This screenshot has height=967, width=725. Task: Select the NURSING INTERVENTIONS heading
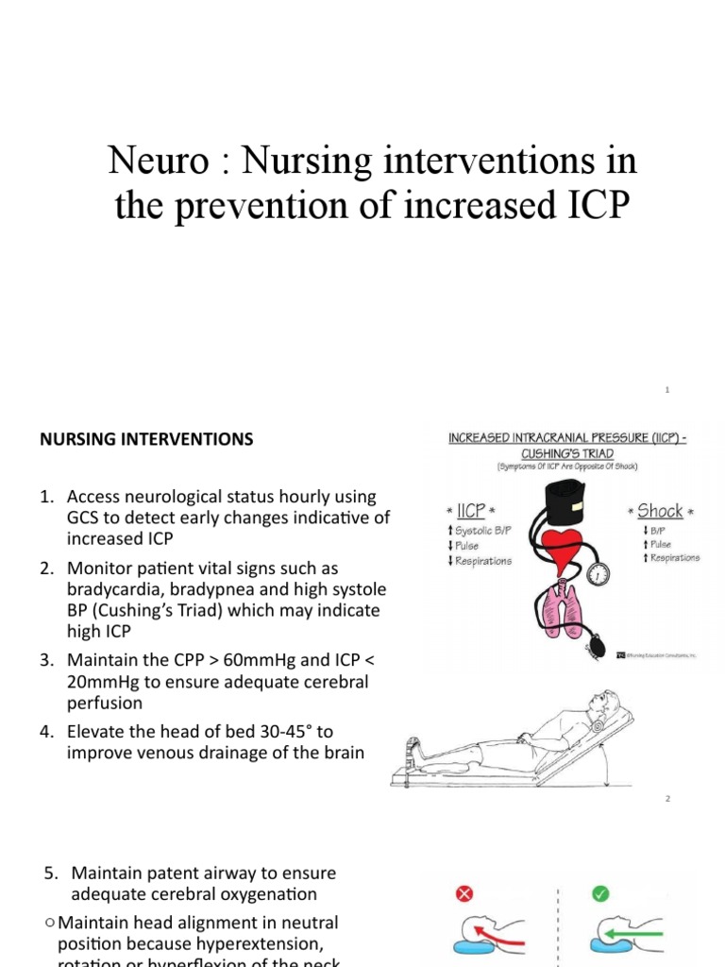145,439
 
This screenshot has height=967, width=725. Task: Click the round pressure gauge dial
599,573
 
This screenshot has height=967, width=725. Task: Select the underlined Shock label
660,511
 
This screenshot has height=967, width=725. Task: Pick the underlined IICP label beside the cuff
470,511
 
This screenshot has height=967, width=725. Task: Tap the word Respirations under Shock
673,558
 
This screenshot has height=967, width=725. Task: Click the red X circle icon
464,893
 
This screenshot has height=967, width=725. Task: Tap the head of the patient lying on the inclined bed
600,704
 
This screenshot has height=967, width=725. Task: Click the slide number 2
667,799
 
